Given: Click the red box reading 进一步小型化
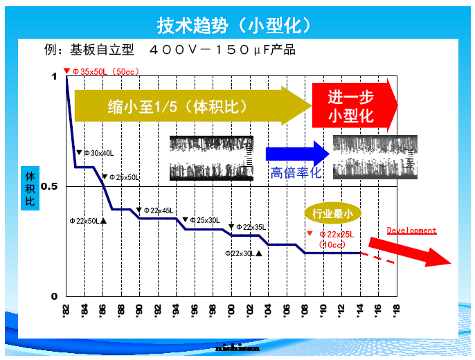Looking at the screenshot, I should point(352,106).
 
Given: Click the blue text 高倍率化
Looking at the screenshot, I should point(296,173).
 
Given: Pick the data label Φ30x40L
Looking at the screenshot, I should point(98,153).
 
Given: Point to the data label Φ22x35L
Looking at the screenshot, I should point(251,227).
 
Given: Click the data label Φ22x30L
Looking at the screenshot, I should point(243,253).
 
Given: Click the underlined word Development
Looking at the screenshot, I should point(411,231).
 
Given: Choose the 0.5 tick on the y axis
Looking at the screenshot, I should point(49,187).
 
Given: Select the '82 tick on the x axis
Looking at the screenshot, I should point(66,309).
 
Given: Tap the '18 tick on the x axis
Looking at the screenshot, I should point(396,309).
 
